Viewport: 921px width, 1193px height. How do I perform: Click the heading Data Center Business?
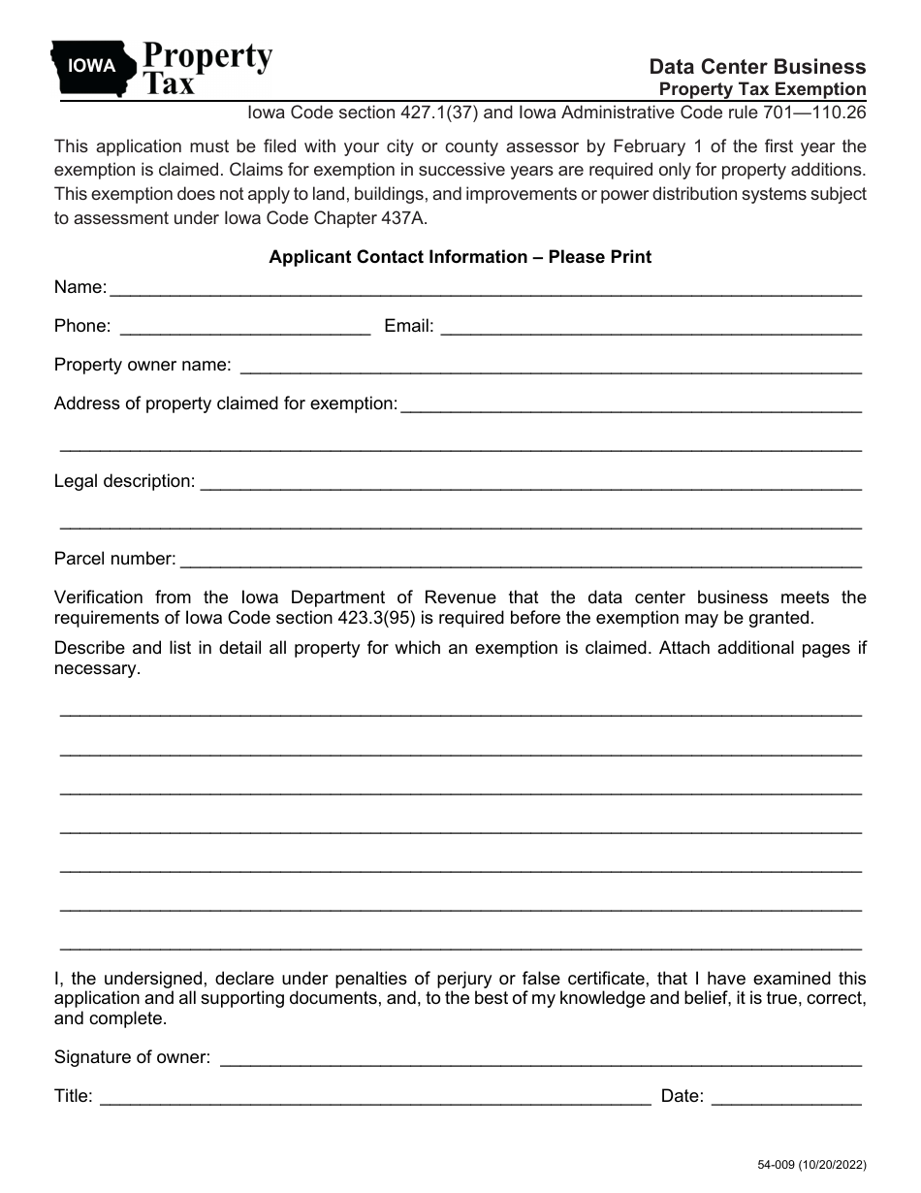pos(757,67)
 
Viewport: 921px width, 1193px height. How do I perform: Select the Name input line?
pos(486,288)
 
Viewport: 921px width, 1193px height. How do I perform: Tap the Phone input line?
pos(244,327)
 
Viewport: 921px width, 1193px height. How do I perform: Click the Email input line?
pos(651,327)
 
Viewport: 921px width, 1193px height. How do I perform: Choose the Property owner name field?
pos(550,366)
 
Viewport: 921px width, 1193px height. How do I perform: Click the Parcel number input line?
pos(521,560)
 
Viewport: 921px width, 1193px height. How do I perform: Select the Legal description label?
pos(124,481)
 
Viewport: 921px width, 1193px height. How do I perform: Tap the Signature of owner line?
pos(540,1058)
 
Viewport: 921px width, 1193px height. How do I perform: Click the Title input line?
pos(375,1097)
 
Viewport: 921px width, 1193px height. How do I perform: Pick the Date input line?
pos(786,1097)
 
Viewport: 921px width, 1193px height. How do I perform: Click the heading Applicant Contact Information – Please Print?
pos(460,257)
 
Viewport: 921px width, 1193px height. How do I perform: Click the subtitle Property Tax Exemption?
pos(762,89)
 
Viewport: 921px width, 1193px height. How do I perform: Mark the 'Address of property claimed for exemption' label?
pos(225,403)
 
